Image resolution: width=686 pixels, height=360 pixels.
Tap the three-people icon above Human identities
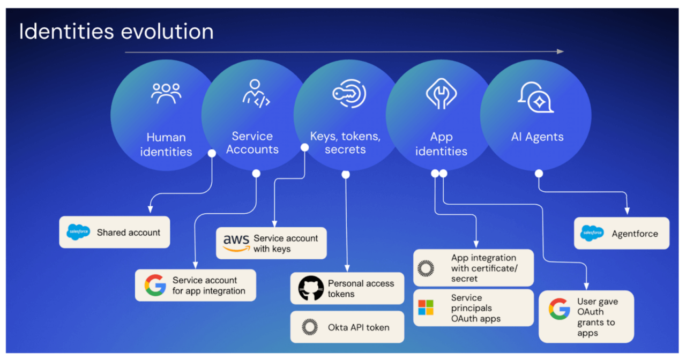coord(166,94)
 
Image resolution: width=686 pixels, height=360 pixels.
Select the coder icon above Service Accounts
coord(256,94)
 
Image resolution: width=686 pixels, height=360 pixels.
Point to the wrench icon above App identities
coord(441,95)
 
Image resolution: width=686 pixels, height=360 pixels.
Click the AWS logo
coord(236,243)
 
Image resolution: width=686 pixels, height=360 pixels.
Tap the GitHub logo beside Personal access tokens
coord(311,288)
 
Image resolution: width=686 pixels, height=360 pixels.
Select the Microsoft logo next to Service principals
coord(426,307)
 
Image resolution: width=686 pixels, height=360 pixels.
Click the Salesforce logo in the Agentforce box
coord(592,234)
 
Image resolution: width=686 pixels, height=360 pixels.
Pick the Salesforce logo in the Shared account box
coord(78,232)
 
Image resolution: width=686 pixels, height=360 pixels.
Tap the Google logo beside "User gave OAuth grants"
coord(559,309)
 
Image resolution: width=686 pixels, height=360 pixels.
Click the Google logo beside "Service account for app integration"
coord(155,285)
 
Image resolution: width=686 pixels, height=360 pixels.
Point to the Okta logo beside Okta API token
coord(309,327)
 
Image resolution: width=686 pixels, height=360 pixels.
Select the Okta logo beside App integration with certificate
coord(426,268)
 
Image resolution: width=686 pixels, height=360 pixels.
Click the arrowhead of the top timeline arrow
coord(560,51)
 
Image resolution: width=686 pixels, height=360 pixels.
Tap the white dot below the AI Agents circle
coord(539,174)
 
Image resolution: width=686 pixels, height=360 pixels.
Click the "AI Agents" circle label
coord(537,137)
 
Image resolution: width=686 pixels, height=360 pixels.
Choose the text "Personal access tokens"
coord(361,288)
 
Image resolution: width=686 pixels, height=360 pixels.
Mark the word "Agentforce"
coord(635,234)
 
